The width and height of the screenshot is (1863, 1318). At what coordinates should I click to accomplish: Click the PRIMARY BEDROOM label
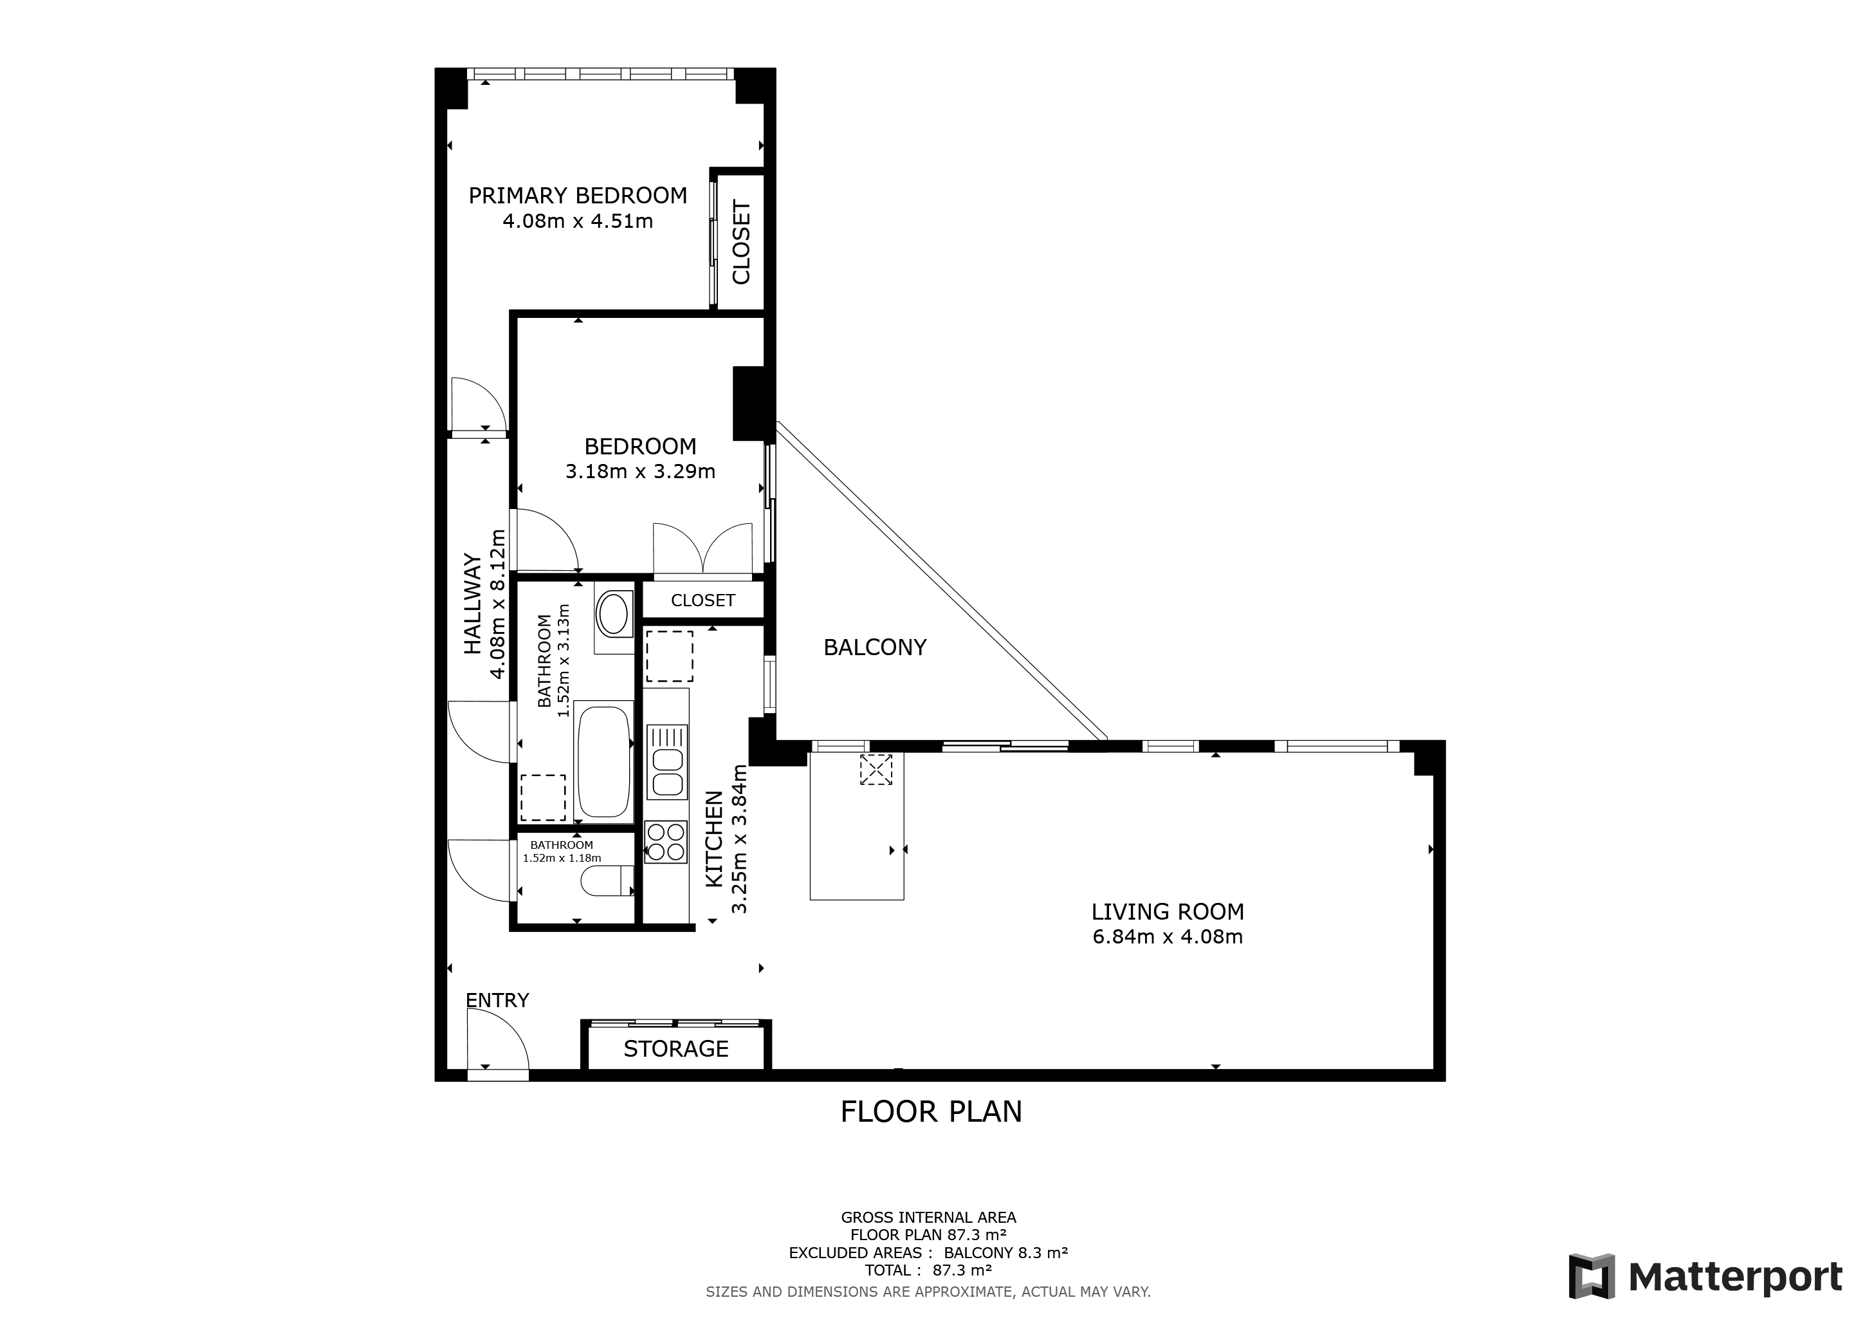pos(578,196)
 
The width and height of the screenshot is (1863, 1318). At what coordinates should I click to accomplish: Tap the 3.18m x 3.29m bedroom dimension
pos(640,472)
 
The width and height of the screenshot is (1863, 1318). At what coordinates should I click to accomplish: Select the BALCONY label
pos(875,647)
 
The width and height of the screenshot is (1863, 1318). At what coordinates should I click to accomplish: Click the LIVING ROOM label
pos(1167,911)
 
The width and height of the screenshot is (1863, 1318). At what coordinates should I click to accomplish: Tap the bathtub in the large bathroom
pos(603,762)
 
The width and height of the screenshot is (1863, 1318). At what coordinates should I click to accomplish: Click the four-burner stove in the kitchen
pos(665,842)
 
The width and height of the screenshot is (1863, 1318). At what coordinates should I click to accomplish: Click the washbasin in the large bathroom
pos(614,613)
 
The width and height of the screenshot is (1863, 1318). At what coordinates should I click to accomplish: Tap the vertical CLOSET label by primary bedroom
pos(741,242)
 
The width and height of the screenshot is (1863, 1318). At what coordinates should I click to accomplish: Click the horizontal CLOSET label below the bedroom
pos(702,600)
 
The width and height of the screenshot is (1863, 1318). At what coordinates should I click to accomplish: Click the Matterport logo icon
pos(1591,1275)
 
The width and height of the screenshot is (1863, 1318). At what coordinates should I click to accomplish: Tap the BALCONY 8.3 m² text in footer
pos(1005,1252)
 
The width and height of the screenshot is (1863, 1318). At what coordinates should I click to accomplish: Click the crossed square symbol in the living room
pos(876,770)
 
